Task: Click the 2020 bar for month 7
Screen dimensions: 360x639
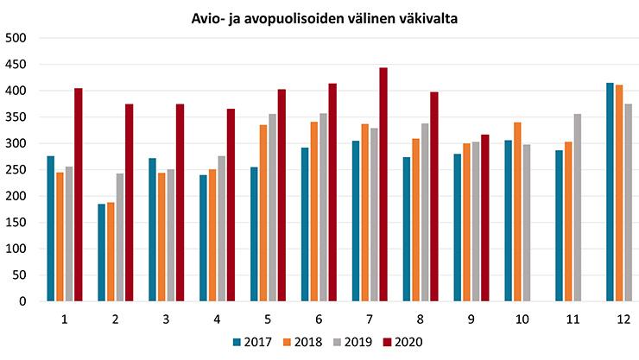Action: pyautogui.click(x=383, y=185)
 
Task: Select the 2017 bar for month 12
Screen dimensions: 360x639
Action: pyautogui.click(x=610, y=193)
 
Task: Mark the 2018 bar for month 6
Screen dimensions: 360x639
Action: pyautogui.click(x=313, y=212)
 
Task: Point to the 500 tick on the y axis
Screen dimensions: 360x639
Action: pyautogui.click(x=17, y=38)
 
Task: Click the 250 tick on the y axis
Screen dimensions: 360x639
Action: pyautogui.click(x=17, y=170)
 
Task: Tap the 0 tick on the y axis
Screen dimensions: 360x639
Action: pyautogui.click(x=25, y=302)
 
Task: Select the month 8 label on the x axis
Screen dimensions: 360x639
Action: pyautogui.click(x=420, y=319)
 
